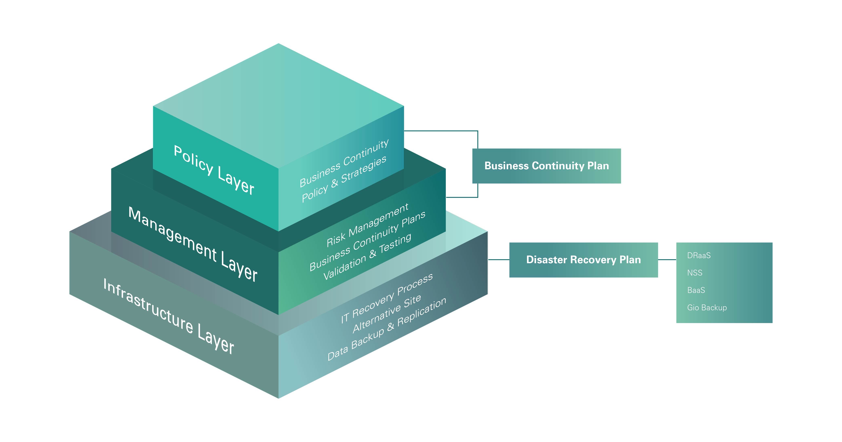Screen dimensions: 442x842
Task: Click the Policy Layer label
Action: click(214, 170)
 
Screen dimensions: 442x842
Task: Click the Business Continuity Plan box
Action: click(547, 166)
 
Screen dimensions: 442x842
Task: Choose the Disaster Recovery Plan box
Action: click(583, 260)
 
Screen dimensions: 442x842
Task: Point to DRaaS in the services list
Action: click(699, 256)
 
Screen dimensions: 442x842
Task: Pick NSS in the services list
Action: click(694, 273)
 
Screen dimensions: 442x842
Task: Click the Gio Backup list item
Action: click(707, 307)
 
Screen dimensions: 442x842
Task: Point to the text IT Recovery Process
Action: click(387, 298)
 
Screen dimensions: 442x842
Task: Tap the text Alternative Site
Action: click(387, 314)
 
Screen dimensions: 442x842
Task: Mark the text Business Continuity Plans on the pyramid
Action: click(367, 241)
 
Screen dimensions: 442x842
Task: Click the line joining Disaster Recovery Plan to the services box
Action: click(667, 260)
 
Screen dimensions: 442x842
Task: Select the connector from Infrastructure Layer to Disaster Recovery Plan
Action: click(498, 260)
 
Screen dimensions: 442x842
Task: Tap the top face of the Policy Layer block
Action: click(278, 104)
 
